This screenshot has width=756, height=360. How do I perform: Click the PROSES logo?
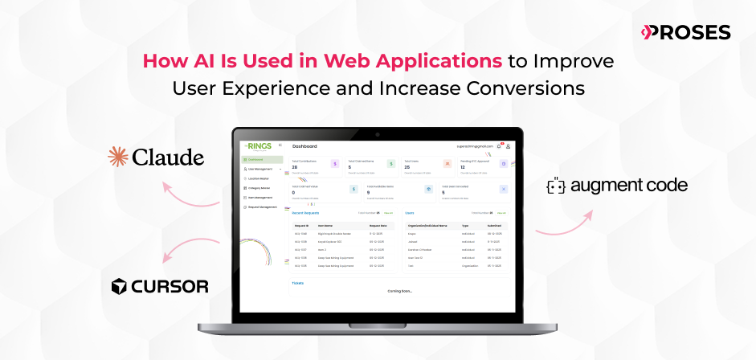685,32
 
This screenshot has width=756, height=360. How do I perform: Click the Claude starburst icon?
119,157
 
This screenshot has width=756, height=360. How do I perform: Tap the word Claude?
169,157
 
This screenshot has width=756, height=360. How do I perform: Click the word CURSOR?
170,286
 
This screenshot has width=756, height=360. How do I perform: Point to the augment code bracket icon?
555,186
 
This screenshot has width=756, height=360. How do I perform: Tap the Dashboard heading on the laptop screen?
304,146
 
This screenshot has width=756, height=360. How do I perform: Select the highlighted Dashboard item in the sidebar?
259,160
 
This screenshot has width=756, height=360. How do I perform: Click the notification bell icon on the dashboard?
499,146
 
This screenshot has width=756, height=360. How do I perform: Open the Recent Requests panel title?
306,213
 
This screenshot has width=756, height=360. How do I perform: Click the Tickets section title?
298,283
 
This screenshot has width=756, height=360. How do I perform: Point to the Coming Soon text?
399,291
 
